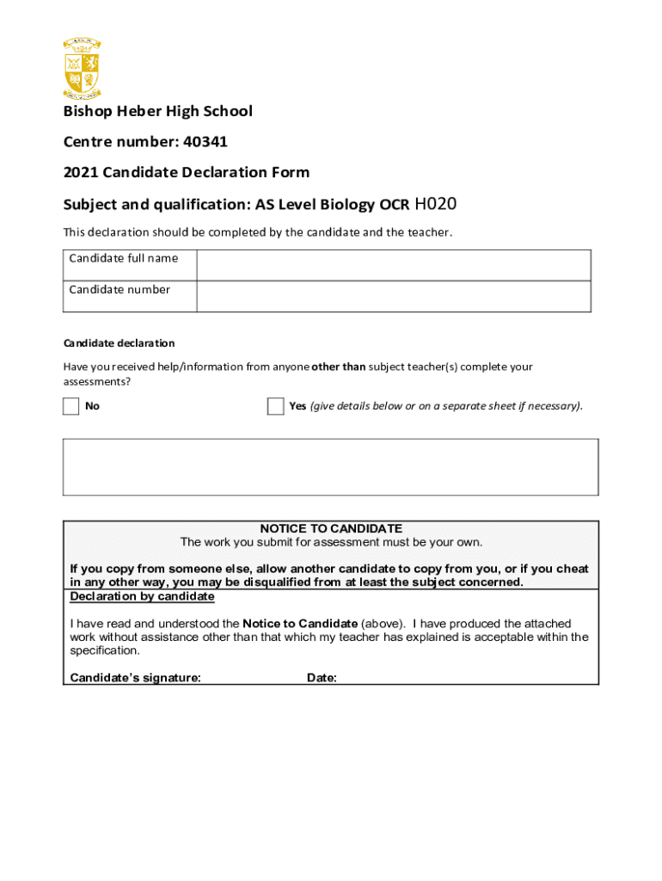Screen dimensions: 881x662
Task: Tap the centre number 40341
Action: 203,141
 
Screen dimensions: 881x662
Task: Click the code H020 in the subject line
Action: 436,204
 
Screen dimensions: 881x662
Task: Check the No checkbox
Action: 70,406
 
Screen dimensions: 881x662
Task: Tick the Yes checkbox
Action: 275,406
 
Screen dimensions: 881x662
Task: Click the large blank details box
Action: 330,466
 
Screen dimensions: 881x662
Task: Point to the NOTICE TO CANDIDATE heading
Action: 331,528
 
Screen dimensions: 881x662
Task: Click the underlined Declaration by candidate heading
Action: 142,596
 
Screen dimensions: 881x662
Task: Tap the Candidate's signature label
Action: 135,678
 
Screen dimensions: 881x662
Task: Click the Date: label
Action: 322,678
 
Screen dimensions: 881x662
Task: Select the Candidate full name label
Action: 124,258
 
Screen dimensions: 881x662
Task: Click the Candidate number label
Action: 120,289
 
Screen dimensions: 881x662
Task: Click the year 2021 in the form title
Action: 81,172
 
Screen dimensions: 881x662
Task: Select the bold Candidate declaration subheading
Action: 119,342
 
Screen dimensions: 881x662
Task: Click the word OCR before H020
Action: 395,205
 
